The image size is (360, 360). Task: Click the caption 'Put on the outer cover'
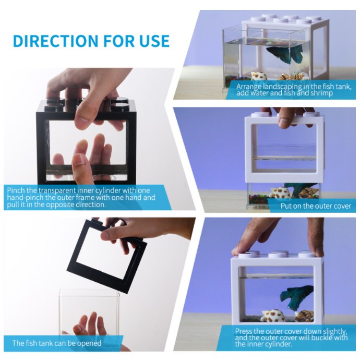click(x=316, y=206)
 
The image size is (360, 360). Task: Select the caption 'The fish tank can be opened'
click(x=57, y=343)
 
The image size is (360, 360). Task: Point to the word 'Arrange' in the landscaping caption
click(x=249, y=87)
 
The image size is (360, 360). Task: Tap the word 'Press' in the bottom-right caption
click(x=245, y=331)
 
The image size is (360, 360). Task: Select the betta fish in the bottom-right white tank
click(x=296, y=297)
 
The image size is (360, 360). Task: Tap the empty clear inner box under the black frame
click(x=90, y=317)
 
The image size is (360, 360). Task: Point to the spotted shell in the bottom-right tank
click(x=273, y=316)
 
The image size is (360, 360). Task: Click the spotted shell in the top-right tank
click(x=258, y=77)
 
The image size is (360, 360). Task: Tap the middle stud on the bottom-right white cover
click(x=275, y=255)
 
